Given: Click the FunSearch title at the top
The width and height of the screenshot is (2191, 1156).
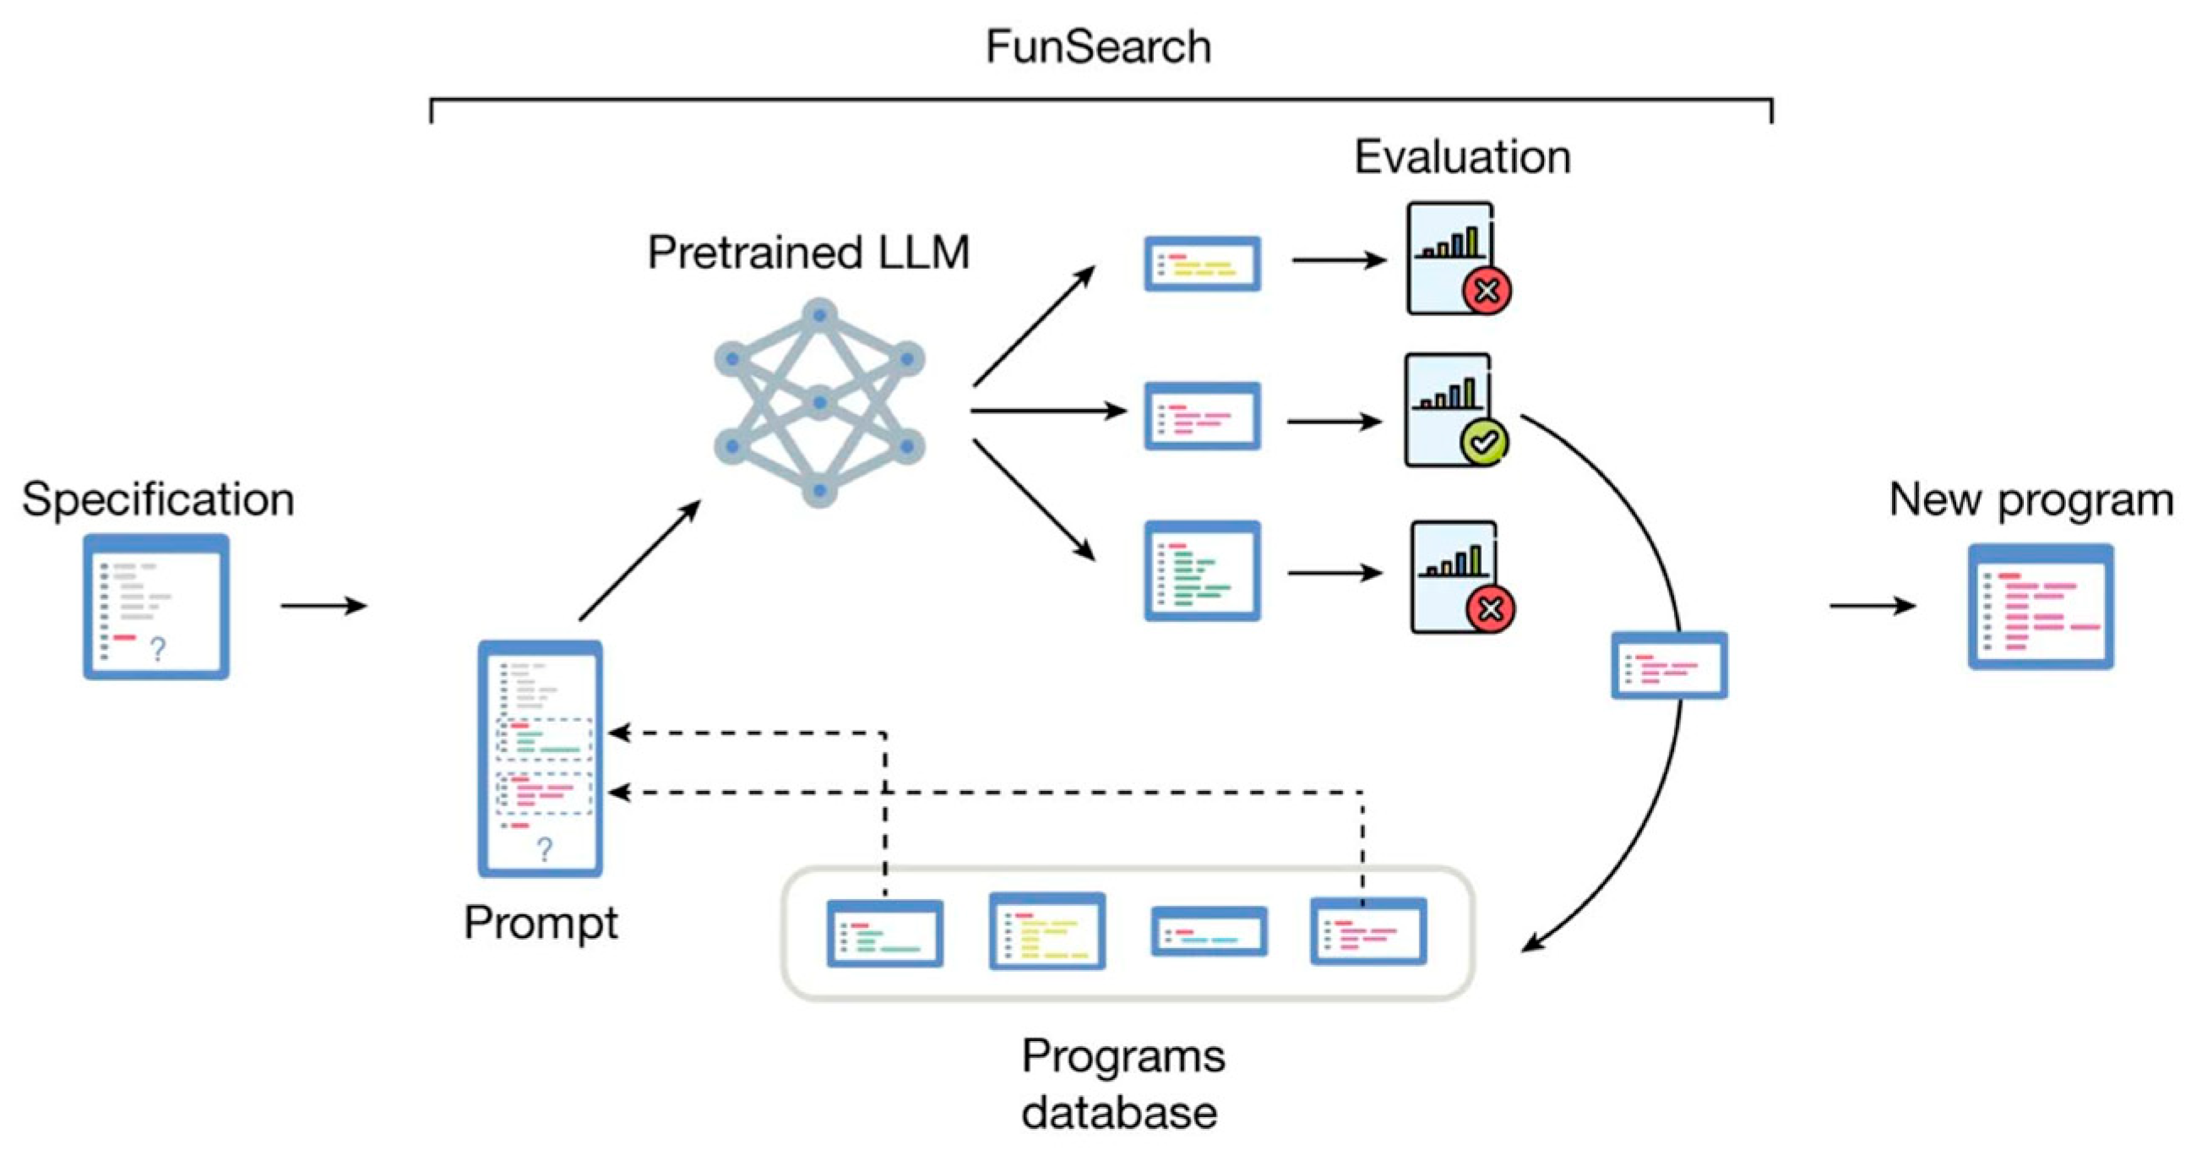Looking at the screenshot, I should click(x=1098, y=46).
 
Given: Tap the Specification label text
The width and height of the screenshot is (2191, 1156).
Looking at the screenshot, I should click(x=158, y=499).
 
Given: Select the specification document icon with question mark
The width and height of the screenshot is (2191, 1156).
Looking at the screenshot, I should click(x=156, y=607).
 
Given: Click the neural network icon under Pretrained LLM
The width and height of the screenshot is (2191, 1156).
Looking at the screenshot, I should click(x=819, y=403).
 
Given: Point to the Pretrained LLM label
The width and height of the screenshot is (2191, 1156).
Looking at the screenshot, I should click(x=808, y=253).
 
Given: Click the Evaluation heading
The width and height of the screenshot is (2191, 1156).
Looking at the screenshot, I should click(x=1462, y=157).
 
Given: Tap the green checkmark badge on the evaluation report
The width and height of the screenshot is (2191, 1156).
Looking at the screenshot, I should click(x=1484, y=442).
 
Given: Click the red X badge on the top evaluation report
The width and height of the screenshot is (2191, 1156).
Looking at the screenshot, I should click(x=1487, y=292).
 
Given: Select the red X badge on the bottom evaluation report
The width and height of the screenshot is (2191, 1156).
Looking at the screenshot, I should click(x=1490, y=609).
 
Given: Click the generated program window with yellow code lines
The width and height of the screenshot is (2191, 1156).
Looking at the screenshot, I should click(x=1202, y=264).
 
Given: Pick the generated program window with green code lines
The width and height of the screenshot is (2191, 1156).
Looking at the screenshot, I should click(x=1202, y=570).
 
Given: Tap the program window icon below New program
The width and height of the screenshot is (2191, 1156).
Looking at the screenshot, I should click(x=2041, y=607).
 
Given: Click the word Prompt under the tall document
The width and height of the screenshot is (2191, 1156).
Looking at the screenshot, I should click(x=541, y=922).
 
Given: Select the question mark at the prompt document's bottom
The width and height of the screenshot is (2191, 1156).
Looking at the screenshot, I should click(x=544, y=849).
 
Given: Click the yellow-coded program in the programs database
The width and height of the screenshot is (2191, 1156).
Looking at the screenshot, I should click(x=1047, y=931).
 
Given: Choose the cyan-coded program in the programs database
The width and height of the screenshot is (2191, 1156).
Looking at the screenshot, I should click(x=1209, y=931).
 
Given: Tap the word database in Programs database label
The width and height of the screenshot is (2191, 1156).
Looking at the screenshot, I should click(x=1119, y=1113).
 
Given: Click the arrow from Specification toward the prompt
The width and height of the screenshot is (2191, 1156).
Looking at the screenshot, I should click(x=323, y=606).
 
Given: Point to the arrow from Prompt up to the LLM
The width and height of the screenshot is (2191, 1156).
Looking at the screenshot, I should click(x=639, y=560).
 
